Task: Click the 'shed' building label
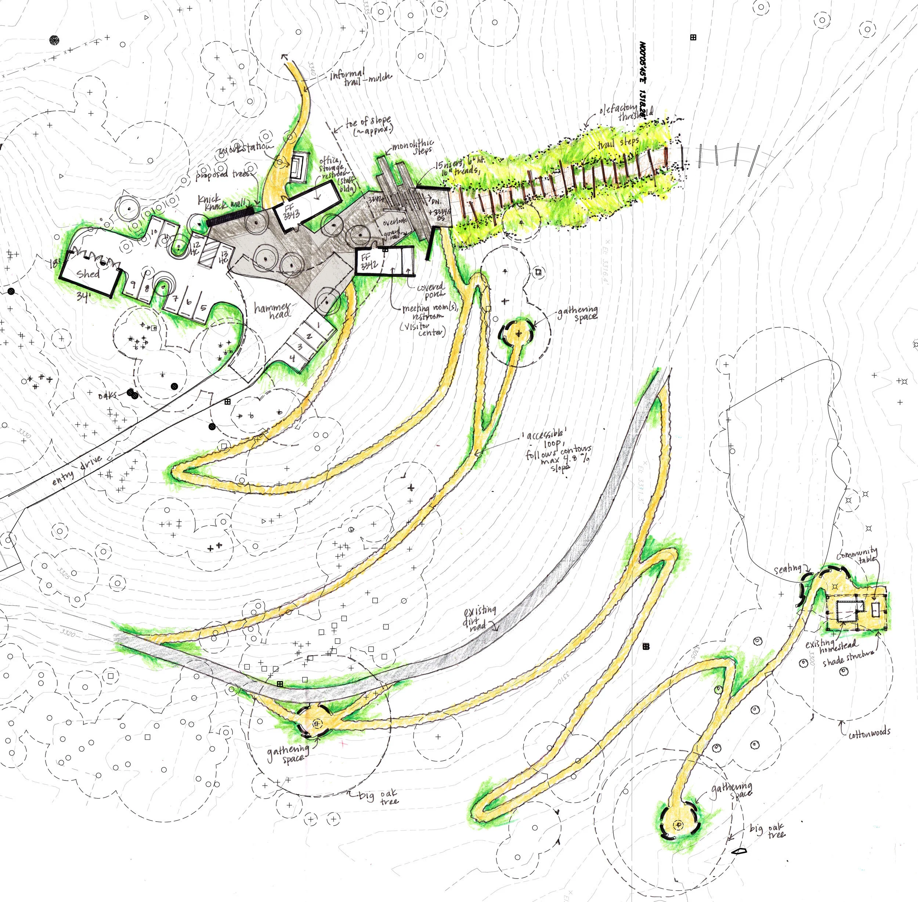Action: pos(88,274)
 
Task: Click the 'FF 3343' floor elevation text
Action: pos(290,211)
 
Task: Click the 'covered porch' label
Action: pos(430,290)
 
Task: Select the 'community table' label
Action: pos(859,555)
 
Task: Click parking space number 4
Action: pos(292,359)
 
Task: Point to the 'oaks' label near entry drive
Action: pos(108,395)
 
